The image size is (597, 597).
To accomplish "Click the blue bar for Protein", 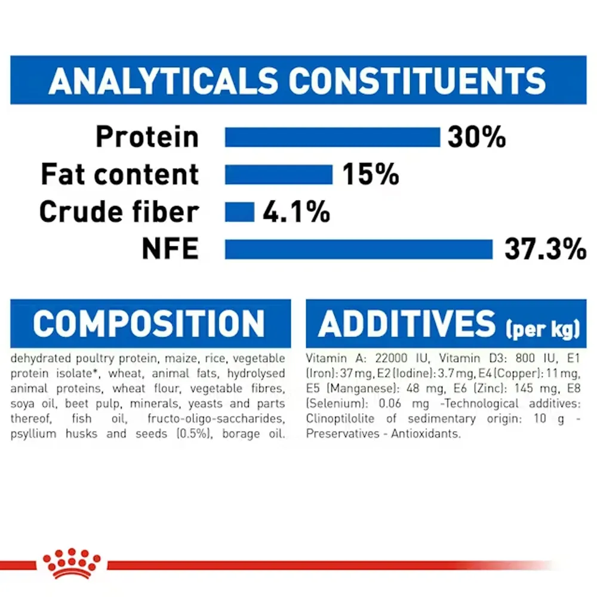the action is [333, 137].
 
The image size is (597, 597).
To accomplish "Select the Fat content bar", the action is [279, 174].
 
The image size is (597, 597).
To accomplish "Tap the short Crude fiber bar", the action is [239, 212].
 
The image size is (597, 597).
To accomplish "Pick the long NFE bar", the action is [359, 250].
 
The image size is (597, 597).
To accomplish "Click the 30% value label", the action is [476, 137].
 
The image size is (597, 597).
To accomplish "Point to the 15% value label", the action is [371, 174].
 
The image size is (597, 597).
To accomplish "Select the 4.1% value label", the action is [296, 212].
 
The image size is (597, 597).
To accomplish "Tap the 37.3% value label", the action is [545, 249].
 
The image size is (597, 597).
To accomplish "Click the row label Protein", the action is [147, 137].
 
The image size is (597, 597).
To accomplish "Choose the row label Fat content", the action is [119, 174].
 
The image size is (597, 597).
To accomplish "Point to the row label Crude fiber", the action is [119, 211].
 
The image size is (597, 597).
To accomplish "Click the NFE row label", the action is [170, 248].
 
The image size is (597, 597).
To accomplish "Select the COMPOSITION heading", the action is [149, 324].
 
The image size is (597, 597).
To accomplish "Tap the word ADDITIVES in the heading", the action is [407, 324].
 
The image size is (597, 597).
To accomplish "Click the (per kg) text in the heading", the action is [543, 328].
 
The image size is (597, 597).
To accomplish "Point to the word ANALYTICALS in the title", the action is [164, 81].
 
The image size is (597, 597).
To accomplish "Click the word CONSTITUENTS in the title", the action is [417, 81].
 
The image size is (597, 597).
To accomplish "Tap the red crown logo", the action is [72, 564].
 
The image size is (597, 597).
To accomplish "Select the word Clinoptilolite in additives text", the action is [340, 419].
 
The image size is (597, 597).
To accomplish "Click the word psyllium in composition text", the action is [33, 434].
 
